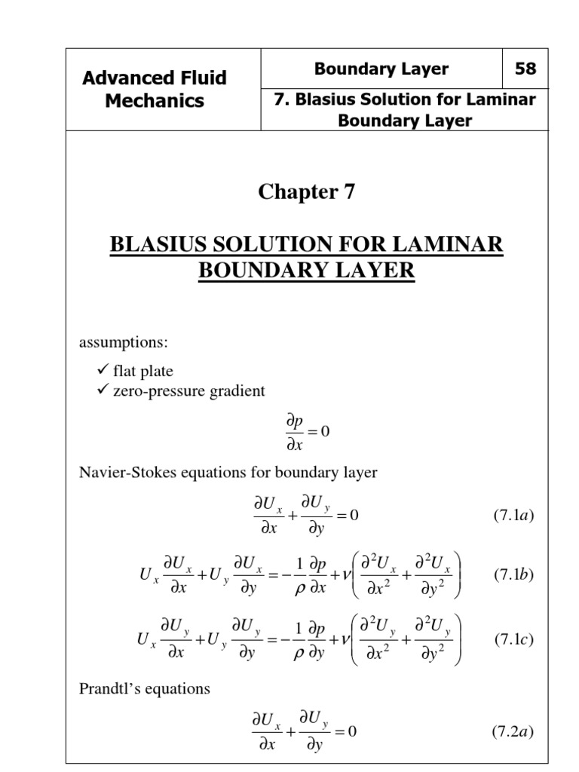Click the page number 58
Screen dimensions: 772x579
525,69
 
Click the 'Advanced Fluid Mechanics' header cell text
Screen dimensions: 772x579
155,89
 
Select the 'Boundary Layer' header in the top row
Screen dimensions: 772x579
381,69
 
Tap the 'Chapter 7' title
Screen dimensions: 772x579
306,193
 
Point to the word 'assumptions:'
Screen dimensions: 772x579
123,343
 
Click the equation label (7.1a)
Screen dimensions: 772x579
513,516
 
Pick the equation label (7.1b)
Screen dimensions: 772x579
513,574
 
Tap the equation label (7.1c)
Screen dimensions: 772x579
513,640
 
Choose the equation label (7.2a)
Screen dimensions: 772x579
513,731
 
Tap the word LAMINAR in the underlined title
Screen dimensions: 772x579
455,246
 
